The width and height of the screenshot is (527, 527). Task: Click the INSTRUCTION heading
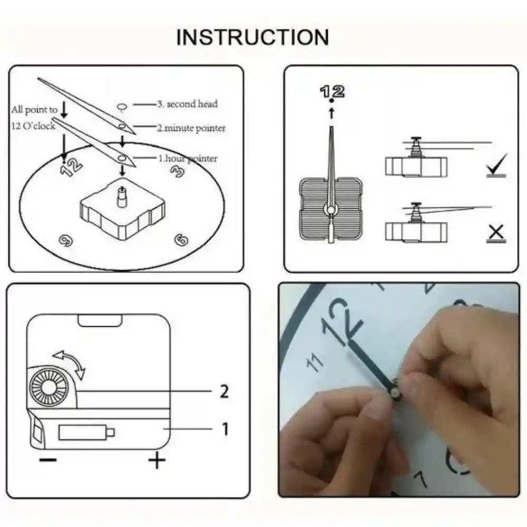coord(252,37)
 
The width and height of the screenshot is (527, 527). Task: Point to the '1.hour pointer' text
coord(188,158)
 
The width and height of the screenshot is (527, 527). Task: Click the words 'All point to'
coord(34,110)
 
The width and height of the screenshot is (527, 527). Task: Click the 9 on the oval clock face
coord(66,240)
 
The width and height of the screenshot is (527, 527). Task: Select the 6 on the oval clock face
coord(181,240)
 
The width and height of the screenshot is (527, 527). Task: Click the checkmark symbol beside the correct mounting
coord(496,165)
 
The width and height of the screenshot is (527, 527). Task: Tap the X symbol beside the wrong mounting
coord(496,232)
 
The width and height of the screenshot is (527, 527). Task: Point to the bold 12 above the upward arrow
coord(332,91)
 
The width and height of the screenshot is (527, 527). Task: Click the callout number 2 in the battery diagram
coord(224,392)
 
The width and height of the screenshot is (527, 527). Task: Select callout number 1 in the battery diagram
coord(225,430)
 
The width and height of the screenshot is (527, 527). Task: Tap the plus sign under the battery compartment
coord(157,461)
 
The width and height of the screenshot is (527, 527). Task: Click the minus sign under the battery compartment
coord(48,460)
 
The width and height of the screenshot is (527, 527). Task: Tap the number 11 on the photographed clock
coord(315,363)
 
